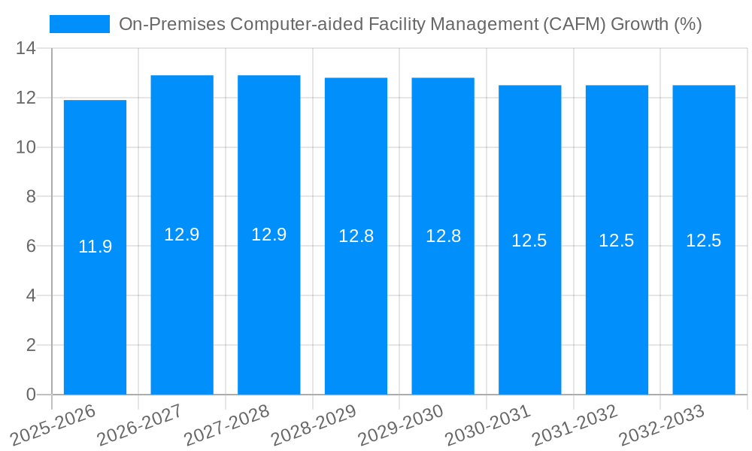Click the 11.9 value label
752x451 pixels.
click(x=95, y=247)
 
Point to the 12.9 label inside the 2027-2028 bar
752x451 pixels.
click(x=268, y=235)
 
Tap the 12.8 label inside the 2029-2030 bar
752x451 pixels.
click(x=443, y=236)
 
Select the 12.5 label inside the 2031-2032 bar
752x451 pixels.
click(x=617, y=241)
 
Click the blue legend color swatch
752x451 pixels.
click(x=80, y=24)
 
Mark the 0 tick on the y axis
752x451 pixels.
click(x=31, y=395)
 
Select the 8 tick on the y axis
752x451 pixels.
click(x=31, y=197)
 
